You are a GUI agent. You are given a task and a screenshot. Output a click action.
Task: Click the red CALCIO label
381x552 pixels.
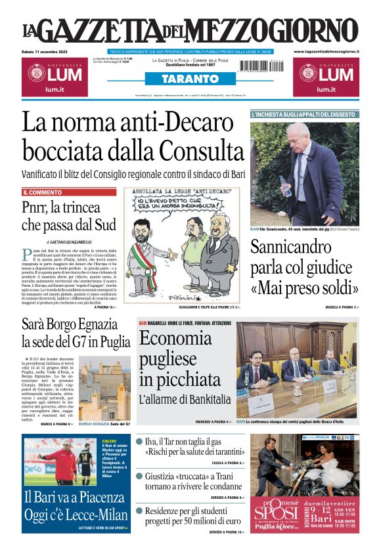110,441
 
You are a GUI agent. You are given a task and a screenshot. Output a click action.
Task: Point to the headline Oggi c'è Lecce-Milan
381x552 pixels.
76,514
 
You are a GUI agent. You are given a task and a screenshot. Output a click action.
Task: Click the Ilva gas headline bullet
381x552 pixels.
139,442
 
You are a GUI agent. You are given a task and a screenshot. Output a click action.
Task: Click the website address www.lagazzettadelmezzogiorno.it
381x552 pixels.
326,51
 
